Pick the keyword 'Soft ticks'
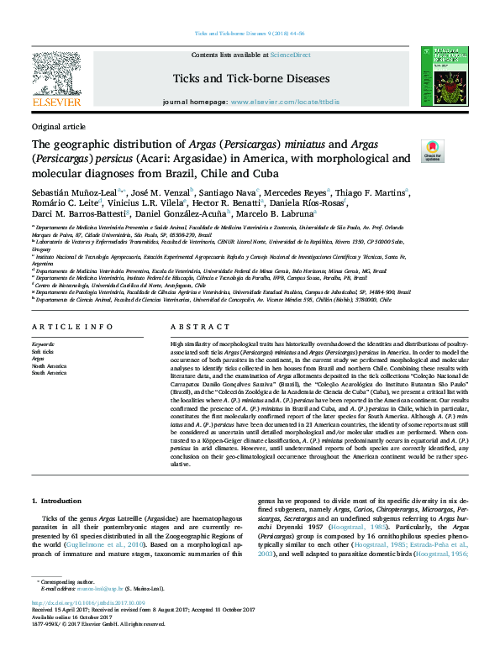[x=43, y=351]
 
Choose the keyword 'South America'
[x=49, y=371]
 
